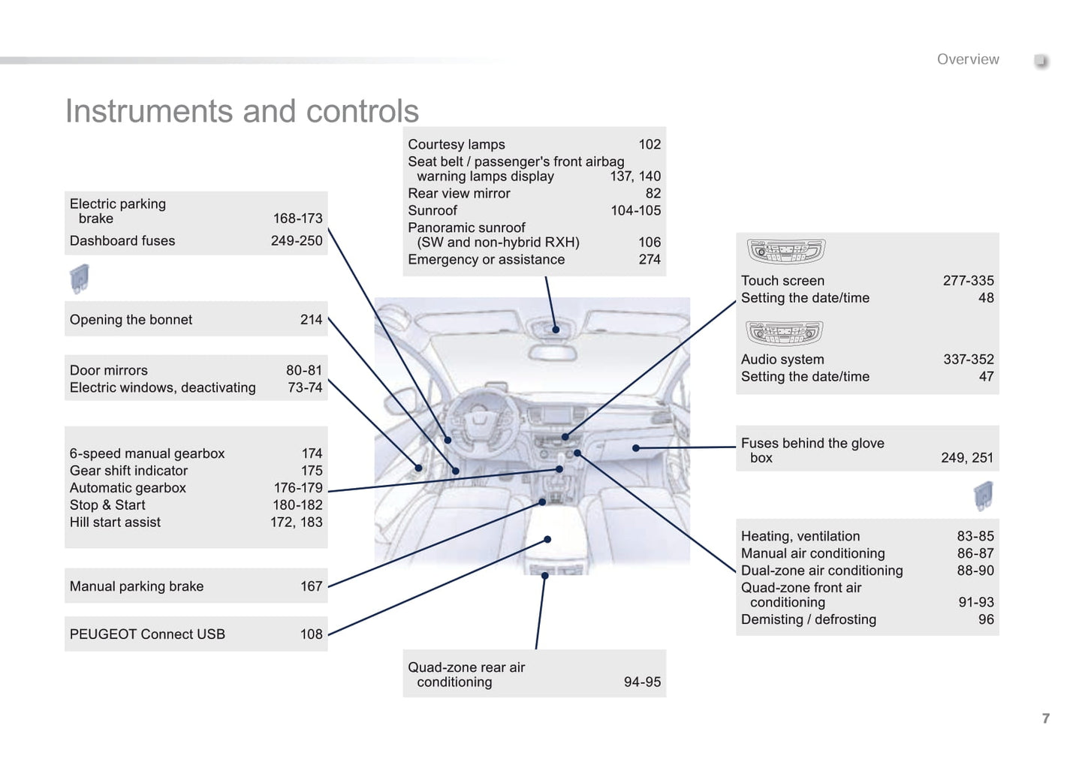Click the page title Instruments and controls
(242, 111)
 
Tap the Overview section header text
(967, 59)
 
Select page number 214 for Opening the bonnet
(311, 320)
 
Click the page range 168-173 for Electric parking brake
(297, 218)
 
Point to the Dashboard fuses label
(122, 241)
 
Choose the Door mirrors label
(109, 370)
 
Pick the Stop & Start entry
(107, 505)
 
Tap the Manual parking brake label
(137, 586)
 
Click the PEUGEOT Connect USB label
(147, 634)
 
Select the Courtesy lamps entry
(457, 144)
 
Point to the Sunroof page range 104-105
(635, 211)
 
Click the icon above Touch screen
(785, 251)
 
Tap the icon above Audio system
(784, 333)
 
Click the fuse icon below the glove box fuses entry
(983, 495)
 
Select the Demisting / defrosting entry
(809, 619)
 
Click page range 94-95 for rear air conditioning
(642, 682)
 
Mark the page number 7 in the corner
(1045, 718)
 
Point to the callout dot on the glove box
(636, 448)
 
